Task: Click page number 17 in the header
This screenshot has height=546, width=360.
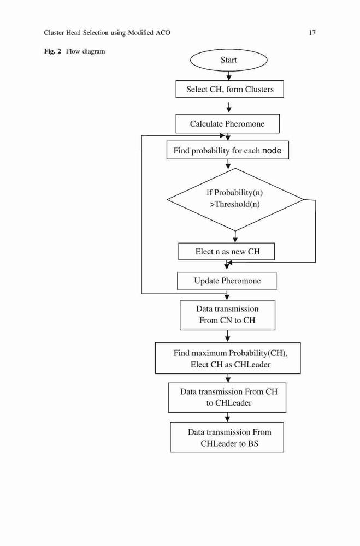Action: point(312,33)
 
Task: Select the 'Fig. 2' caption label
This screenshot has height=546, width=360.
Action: point(52,51)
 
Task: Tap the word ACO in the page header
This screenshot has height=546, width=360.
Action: point(163,33)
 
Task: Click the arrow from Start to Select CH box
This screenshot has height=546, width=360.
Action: point(228,76)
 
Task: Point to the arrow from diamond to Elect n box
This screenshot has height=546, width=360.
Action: point(235,237)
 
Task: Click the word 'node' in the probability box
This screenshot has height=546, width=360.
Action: point(272,151)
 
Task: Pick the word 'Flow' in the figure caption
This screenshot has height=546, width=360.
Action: point(73,51)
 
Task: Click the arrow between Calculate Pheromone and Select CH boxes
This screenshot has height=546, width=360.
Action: point(228,108)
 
